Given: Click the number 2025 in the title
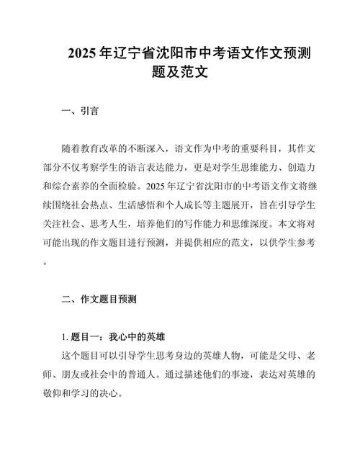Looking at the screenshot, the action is click(x=82, y=53).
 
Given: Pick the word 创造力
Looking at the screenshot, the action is click(x=301, y=167).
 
